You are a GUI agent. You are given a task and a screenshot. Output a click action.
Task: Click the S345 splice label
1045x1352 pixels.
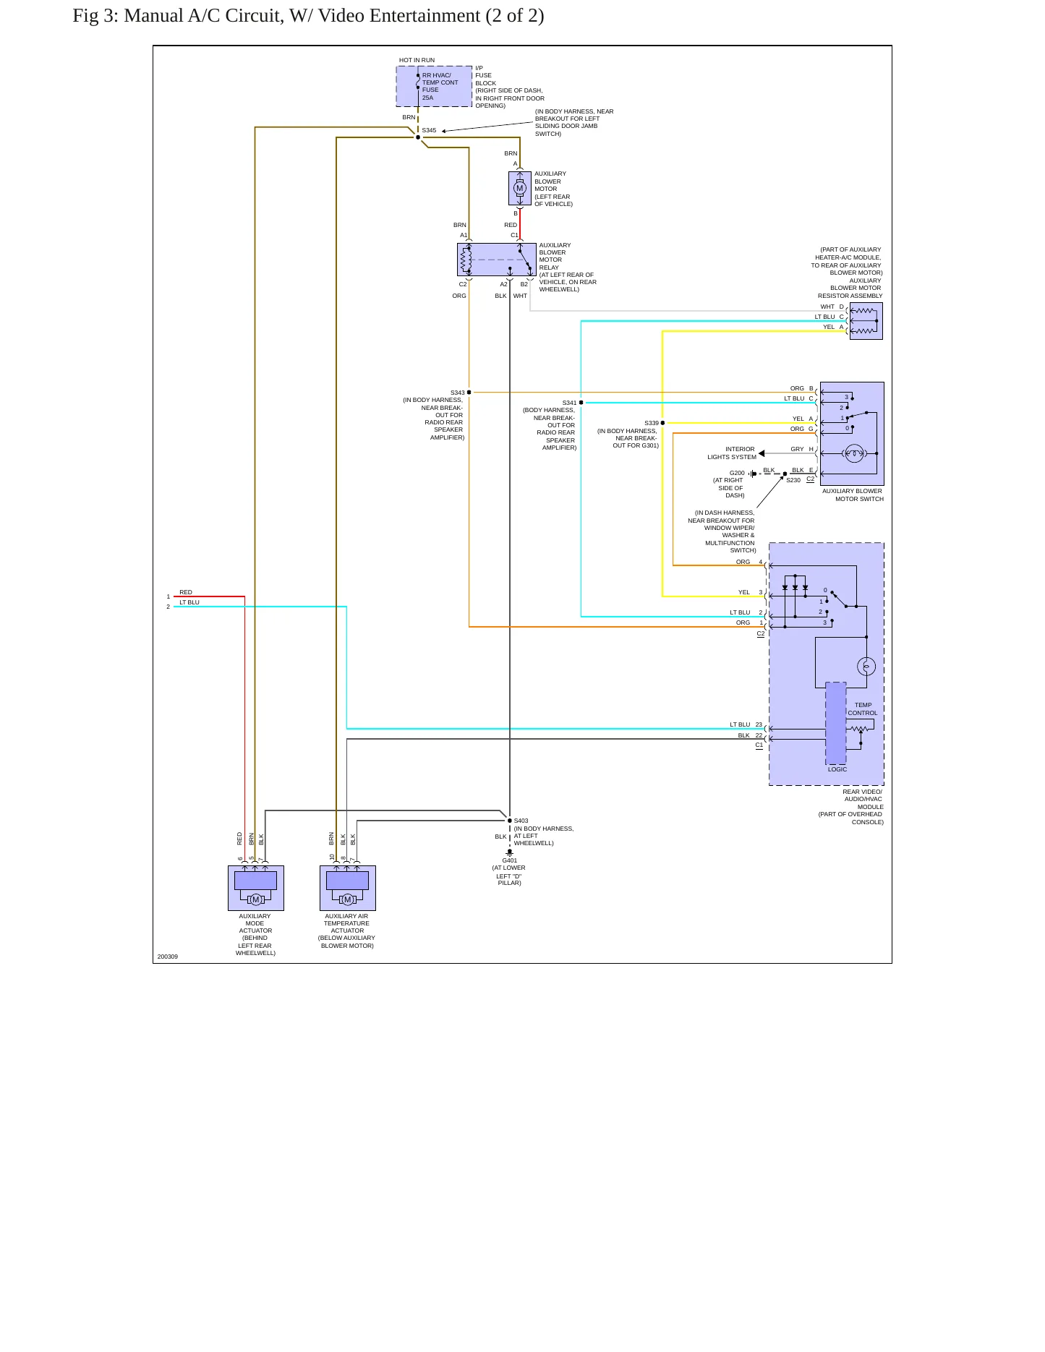pyautogui.click(x=429, y=131)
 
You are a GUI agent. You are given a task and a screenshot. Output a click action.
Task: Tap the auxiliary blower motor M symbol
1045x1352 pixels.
pyautogui.click(x=519, y=189)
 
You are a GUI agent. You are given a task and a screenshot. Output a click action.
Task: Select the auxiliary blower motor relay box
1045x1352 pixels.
pyautogui.click(x=497, y=260)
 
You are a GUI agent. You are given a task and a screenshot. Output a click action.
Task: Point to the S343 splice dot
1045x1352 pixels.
pyautogui.click(x=469, y=393)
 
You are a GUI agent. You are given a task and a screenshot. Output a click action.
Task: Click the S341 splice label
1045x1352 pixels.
pyautogui.click(x=569, y=403)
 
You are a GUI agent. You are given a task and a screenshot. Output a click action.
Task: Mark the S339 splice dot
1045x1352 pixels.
pyautogui.click(x=662, y=423)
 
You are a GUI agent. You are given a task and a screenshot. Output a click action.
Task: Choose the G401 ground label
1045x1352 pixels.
pyautogui.click(x=510, y=860)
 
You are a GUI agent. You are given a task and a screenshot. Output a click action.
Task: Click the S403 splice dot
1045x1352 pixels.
pyautogui.click(x=510, y=821)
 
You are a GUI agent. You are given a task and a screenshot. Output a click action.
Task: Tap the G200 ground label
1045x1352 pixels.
pyautogui.click(x=737, y=473)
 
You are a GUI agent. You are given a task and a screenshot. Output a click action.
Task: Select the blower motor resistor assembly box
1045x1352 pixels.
pyautogui.click(x=866, y=321)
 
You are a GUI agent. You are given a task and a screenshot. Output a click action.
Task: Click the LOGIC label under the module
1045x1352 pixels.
pyautogui.click(x=837, y=769)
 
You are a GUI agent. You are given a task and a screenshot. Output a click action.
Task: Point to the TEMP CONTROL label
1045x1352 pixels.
pyautogui.click(x=863, y=709)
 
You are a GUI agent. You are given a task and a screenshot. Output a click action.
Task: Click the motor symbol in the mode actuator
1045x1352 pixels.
pyautogui.click(x=255, y=899)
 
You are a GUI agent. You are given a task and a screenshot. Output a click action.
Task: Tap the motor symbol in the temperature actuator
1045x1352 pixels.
pyautogui.click(x=347, y=899)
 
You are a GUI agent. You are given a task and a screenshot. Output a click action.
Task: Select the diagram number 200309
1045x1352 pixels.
pyautogui.click(x=168, y=957)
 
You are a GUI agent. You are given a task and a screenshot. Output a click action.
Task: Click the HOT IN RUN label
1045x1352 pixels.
pyautogui.click(x=417, y=61)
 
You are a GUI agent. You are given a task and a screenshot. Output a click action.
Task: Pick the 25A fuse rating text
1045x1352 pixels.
pyautogui.click(x=428, y=98)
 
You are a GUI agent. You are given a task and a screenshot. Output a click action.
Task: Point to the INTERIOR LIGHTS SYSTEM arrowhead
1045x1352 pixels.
pyautogui.click(x=762, y=453)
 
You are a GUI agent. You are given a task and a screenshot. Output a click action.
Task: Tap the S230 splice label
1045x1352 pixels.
pyautogui.click(x=793, y=480)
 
